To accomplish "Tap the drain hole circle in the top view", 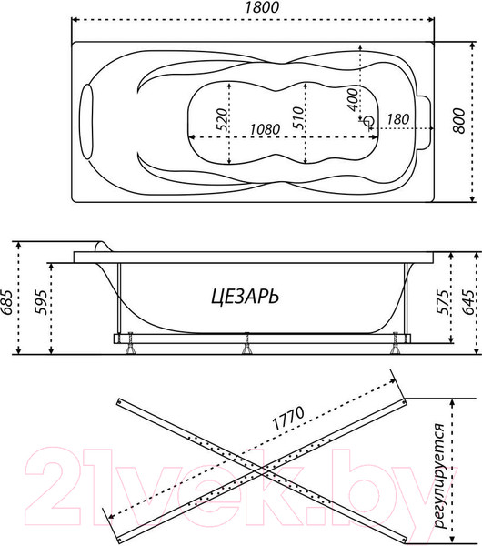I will coord(368,120).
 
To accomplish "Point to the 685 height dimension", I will coord(9,298).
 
